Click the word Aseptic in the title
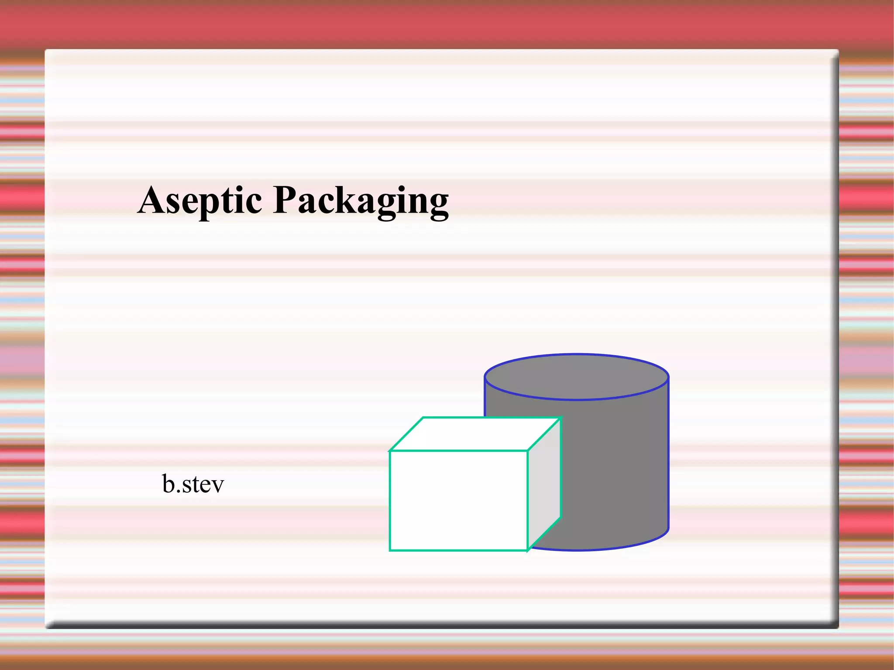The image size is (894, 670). coord(200,200)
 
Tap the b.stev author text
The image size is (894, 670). coord(193,484)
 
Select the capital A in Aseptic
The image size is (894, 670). coord(153,200)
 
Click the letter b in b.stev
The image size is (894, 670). coord(168,484)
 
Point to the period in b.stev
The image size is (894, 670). coord(179,492)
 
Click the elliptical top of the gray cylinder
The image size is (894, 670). coord(576,377)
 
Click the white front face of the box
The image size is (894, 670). coord(458,501)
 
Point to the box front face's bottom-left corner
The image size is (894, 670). coord(390,550)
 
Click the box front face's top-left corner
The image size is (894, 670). coord(390,451)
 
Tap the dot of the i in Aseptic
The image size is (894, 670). coord(238,188)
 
